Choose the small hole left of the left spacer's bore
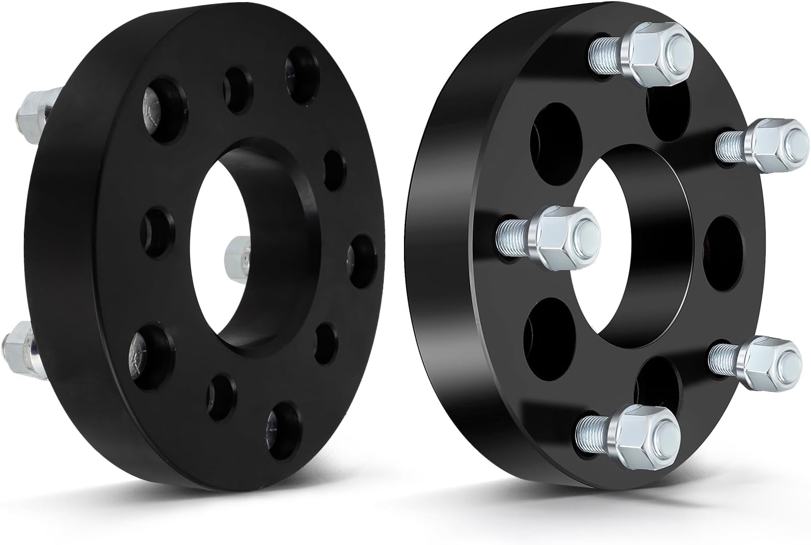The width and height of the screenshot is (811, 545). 158,233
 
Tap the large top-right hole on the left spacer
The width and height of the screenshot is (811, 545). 303,75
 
